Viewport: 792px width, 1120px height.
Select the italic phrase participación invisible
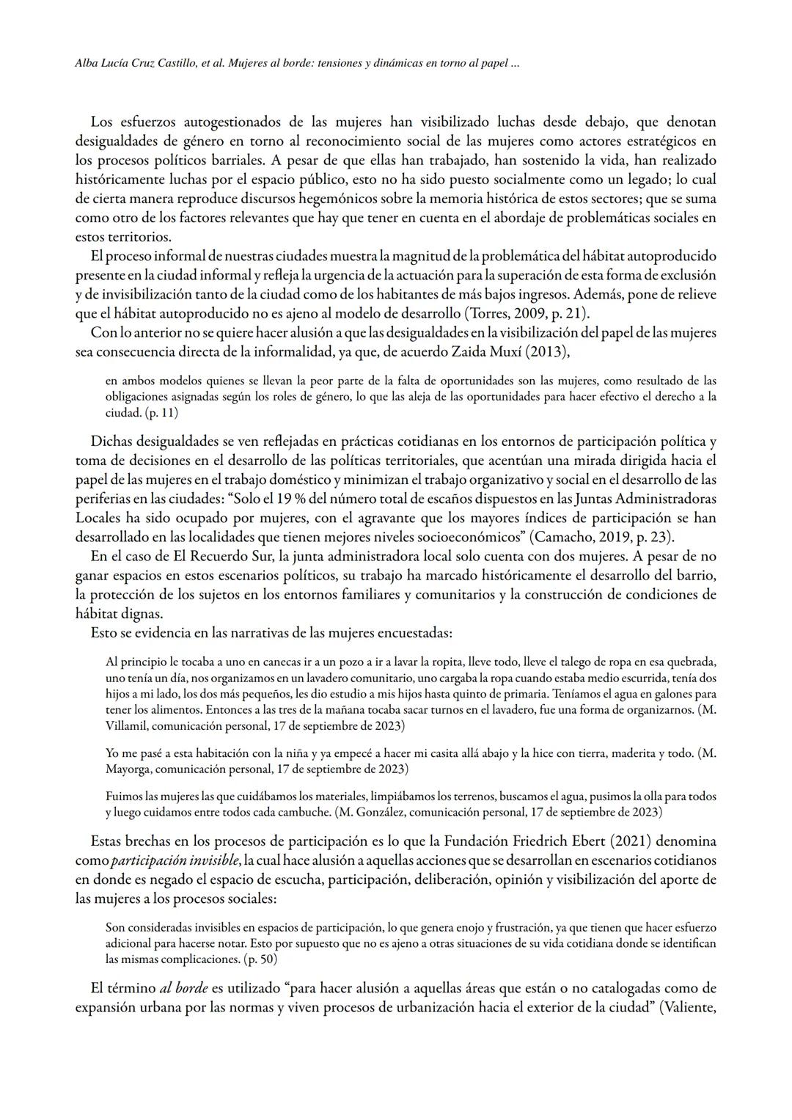tap(176, 860)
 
